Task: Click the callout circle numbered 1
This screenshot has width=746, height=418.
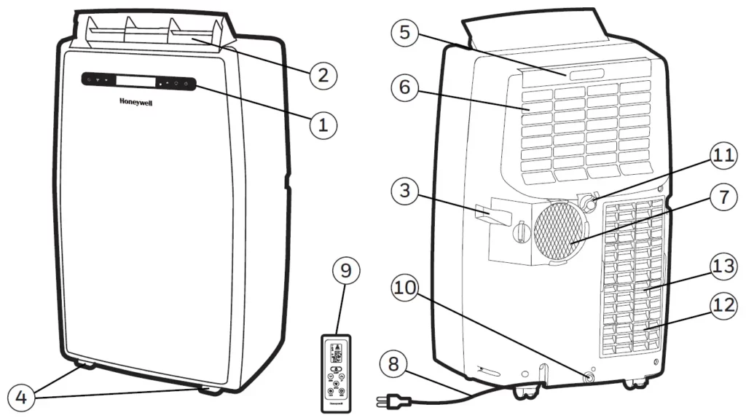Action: tap(323, 125)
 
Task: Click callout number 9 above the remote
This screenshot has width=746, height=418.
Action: tap(346, 271)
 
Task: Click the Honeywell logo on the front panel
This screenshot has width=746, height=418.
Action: tap(136, 103)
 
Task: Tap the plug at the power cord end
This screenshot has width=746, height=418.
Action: tap(394, 401)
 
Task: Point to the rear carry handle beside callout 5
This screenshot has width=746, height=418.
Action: tap(586, 74)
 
